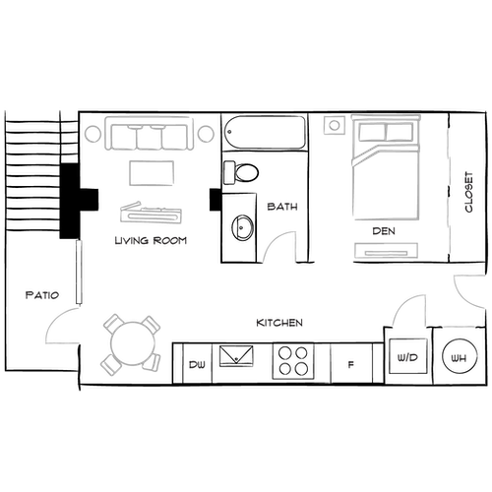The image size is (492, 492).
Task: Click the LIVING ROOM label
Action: [x=151, y=241]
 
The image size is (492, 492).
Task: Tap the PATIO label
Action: [x=44, y=294]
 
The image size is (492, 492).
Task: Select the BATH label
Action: [x=282, y=208]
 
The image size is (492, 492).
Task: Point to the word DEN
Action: [x=384, y=230]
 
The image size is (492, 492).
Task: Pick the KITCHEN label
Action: [x=279, y=323]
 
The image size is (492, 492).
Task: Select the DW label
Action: [x=197, y=364]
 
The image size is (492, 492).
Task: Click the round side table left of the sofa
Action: [x=92, y=133]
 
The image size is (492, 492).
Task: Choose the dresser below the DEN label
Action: [x=384, y=250]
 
